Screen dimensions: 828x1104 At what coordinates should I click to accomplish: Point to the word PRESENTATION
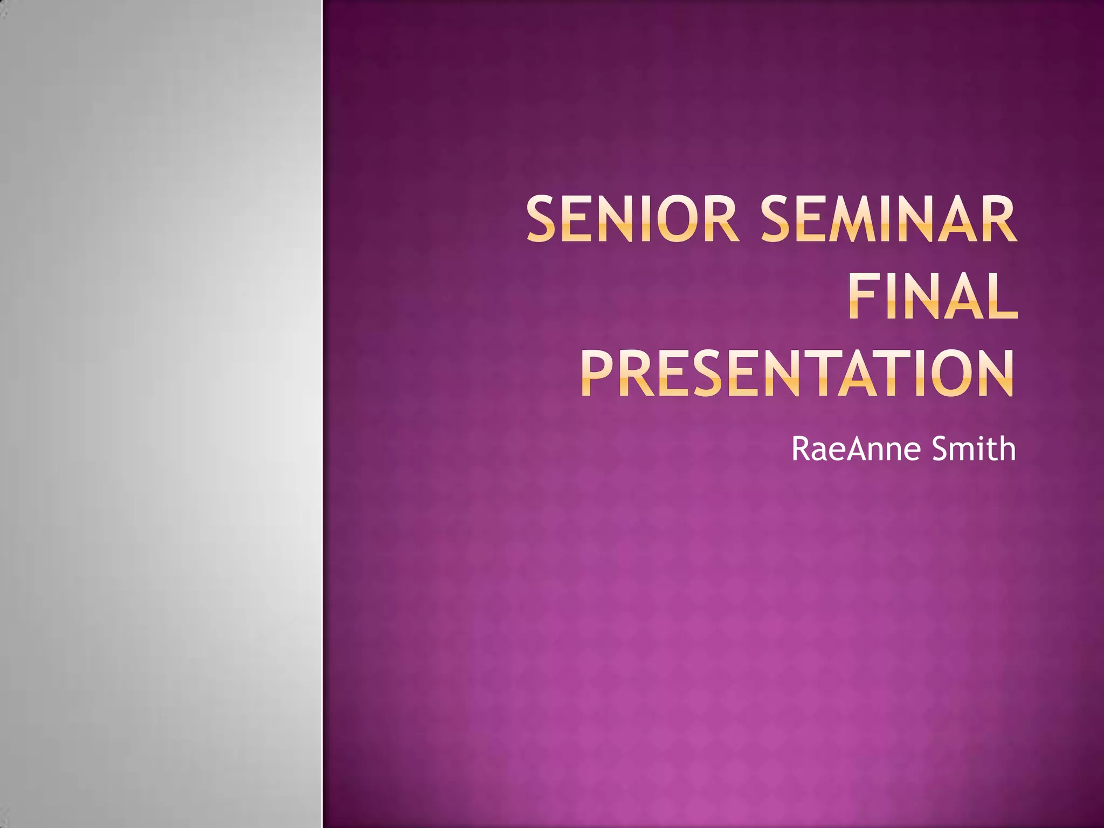point(797,374)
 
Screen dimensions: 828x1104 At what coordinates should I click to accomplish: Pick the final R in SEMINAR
point(998,220)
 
